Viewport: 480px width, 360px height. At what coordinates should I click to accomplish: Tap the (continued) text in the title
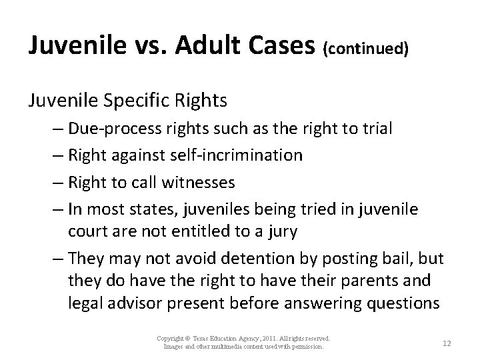(x=365, y=47)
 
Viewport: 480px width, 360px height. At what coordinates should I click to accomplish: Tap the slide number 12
(x=447, y=343)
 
